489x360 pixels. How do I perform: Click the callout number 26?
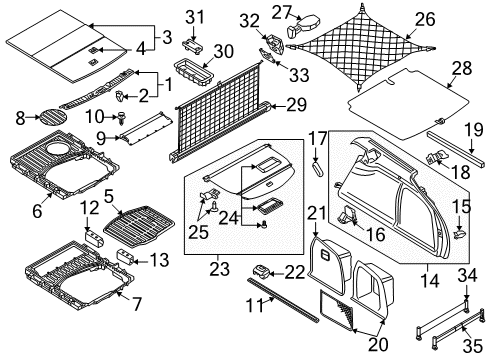[425, 19]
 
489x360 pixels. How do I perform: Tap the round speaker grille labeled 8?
[53, 116]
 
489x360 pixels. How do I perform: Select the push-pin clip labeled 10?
[121, 118]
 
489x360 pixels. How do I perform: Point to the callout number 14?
[430, 281]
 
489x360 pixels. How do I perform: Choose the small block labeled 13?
[125, 256]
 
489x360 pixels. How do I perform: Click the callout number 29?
[296, 105]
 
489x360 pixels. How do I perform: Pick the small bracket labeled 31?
[192, 45]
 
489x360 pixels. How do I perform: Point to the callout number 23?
[220, 269]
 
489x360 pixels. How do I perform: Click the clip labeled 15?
[460, 233]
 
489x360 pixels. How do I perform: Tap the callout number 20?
[378, 344]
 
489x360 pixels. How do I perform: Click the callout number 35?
[473, 346]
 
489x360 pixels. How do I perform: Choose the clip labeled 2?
[119, 96]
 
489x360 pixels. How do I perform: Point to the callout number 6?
[37, 210]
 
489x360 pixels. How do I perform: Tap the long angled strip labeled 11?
[283, 300]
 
